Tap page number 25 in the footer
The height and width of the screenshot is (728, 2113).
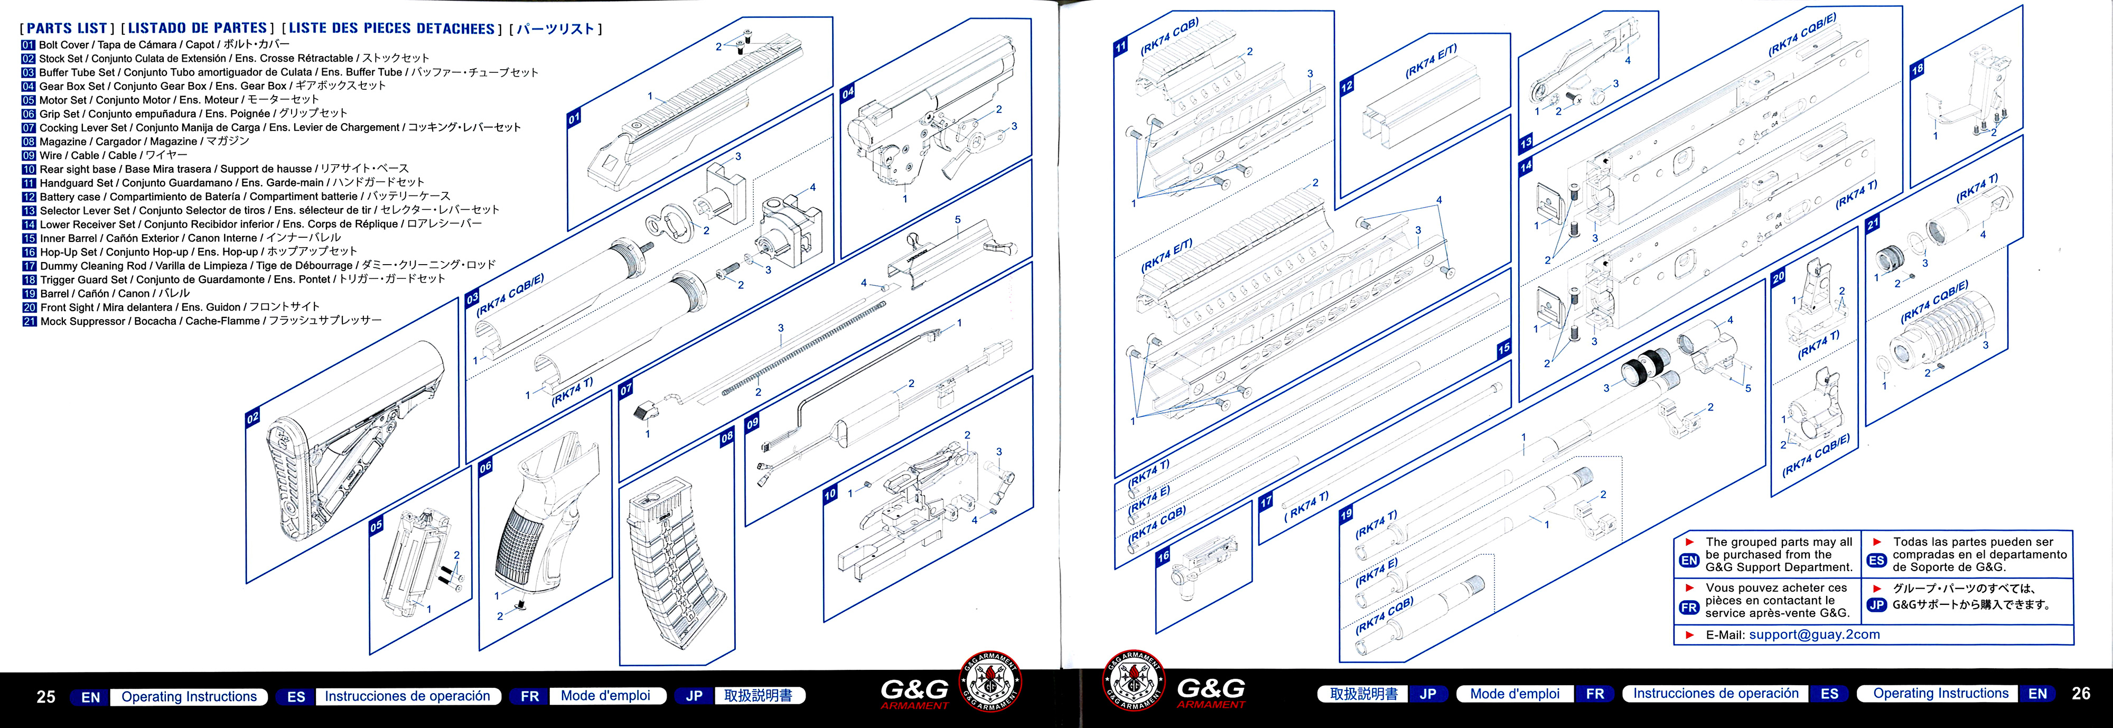pyautogui.click(x=46, y=697)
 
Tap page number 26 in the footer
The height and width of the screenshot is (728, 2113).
pyautogui.click(x=2080, y=694)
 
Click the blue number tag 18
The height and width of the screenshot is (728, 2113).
pyautogui.click(x=1917, y=70)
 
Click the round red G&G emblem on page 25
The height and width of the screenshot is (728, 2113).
pyautogui.click(x=989, y=681)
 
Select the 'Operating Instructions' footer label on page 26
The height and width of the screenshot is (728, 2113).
pyautogui.click(x=1941, y=694)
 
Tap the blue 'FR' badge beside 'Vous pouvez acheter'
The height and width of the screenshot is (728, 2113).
pyautogui.click(x=1689, y=608)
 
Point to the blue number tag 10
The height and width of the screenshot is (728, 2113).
pyautogui.click(x=830, y=494)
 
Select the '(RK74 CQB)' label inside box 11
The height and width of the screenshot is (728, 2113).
pyautogui.click(x=1169, y=37)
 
